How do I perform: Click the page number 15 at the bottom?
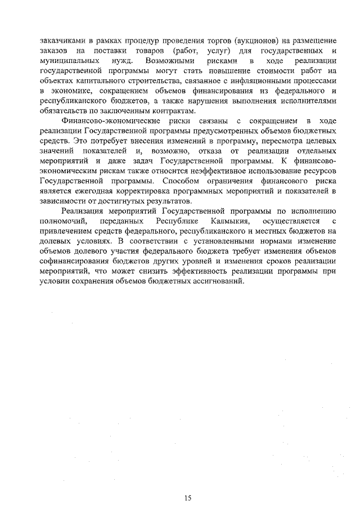tap(188, 482)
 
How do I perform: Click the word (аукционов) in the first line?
tap(249, 42)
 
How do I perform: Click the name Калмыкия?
tap(227, 221)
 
